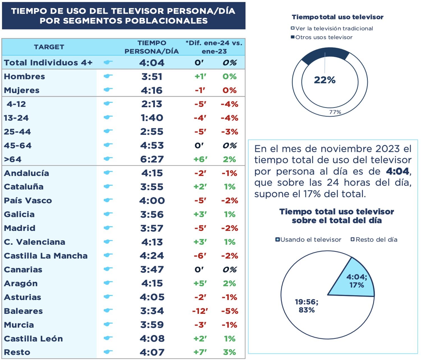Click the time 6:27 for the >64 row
pos(152,159)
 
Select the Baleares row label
pos(23,311)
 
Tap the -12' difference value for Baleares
pos(200,311)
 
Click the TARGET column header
pos(49,47)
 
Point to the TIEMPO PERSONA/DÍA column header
pos(152,47)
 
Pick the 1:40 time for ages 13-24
pos(152,118)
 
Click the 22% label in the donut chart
pos(324,80)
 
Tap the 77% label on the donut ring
pos(335,112)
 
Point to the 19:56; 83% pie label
pos(306,306)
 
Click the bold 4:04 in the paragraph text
pos(397,171)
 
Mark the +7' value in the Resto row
pos(200,352)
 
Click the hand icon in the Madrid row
pos(108,228)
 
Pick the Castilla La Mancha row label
pos(46,256)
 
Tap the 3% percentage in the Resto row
pos(229,352)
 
